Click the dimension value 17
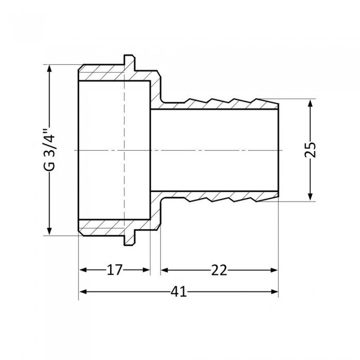[x=115, y=270]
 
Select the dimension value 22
[x=219, y=270]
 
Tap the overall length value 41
[x=178, y=292]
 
